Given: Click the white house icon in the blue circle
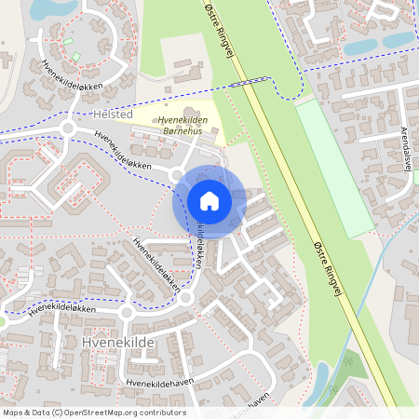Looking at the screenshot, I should coord(209,200).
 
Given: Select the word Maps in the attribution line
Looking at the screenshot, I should coord(14,412).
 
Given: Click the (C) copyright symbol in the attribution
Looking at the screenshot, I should coord(59,412).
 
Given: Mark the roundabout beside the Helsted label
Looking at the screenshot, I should coord(67,128).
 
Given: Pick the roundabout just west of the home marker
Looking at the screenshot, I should coord(175,173).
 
